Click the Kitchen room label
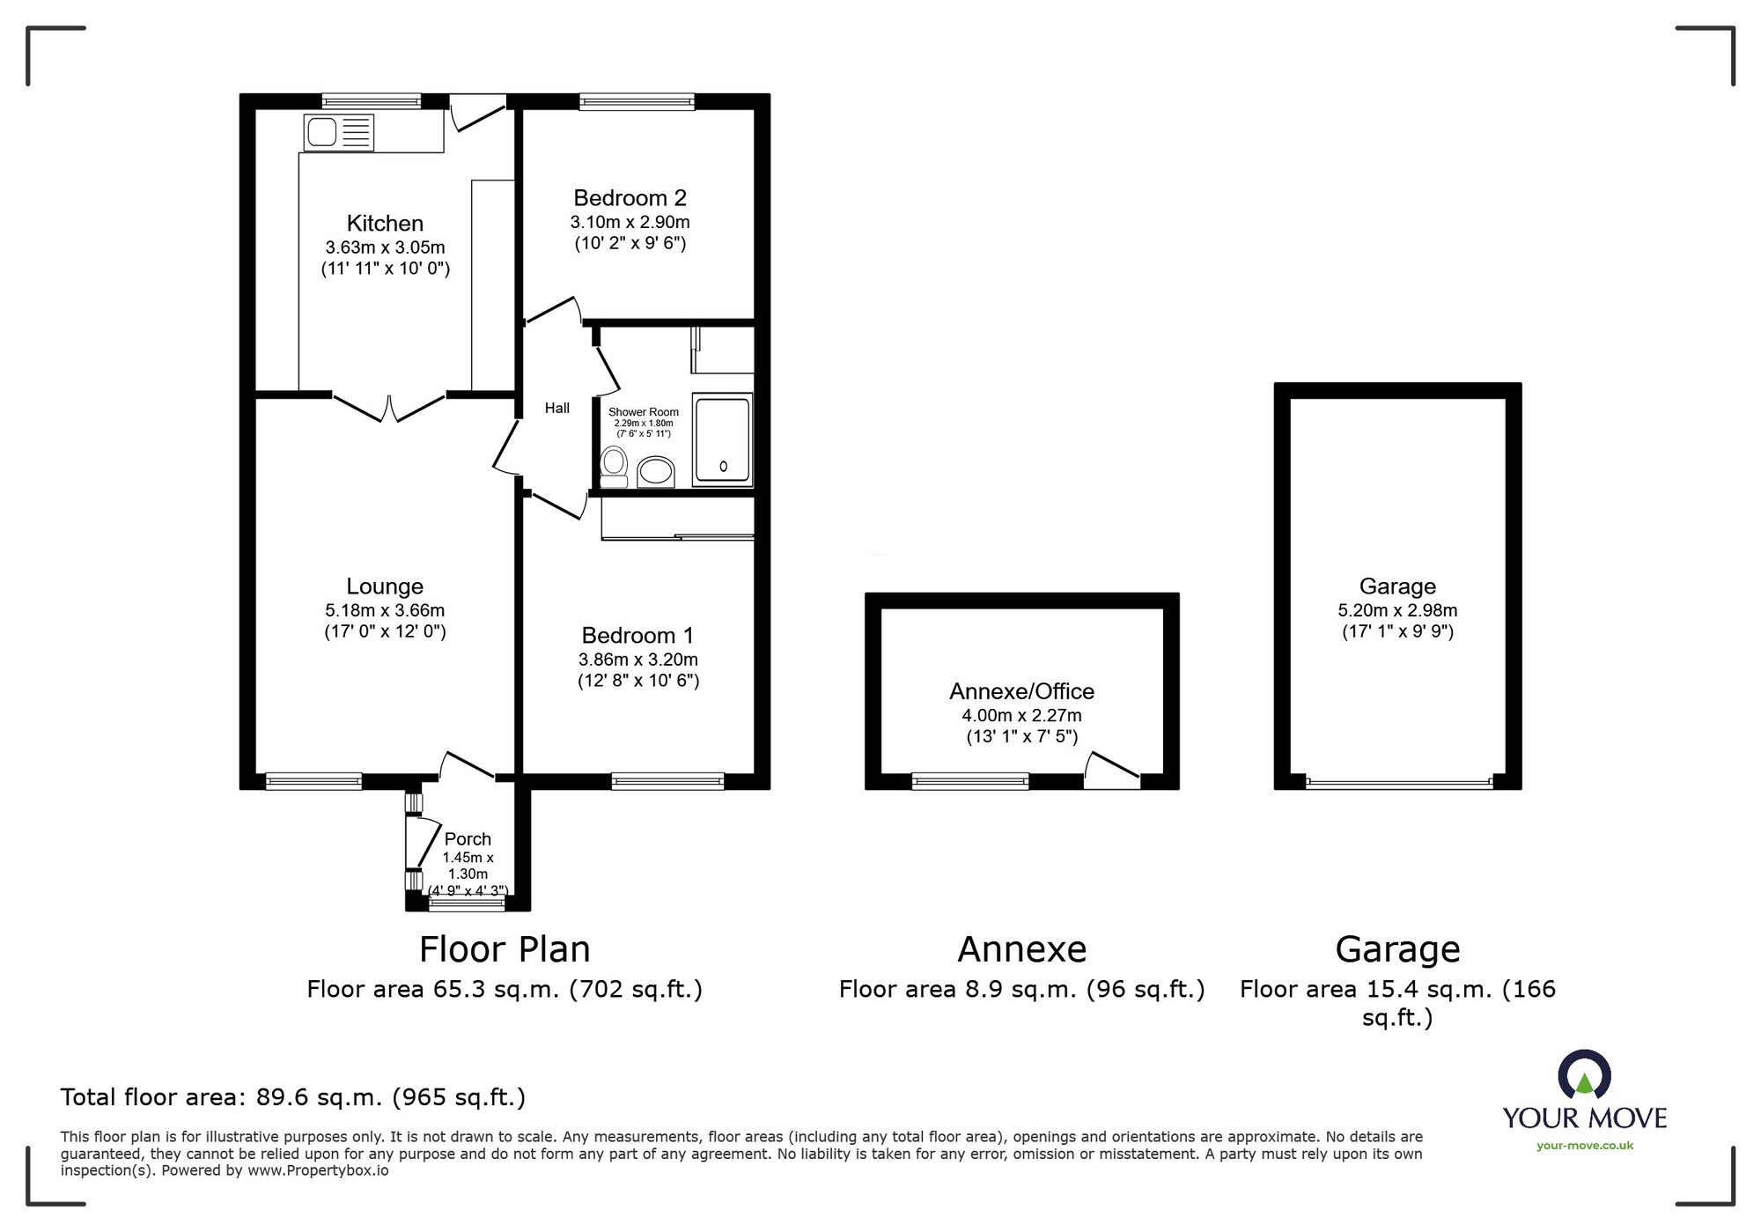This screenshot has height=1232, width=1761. click(x=385, y=224)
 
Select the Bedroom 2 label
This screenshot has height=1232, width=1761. click(x=630, y=198)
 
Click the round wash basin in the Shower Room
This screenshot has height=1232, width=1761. click(x=655, y=472)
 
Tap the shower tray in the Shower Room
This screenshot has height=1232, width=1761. click(x=722, y=439)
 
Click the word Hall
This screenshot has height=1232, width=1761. click(x=556, y=408)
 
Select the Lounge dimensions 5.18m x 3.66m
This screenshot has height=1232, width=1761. click(x=385, y=610)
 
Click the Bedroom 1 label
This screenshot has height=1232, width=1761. click(x=637, y=636)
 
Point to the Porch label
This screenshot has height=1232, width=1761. click(x=468, y=839)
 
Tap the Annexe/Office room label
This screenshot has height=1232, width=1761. click(x=1021, y=691)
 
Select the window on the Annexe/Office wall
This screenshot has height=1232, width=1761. click(x=970, y=781)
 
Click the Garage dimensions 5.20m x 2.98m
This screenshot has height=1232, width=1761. click(x=1397, y=610)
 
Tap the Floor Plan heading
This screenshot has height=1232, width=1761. click(x=505, y=949)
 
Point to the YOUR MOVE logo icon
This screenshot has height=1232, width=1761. click(x=1584, y=1074)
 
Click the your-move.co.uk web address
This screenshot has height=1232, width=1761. click(x=1584, y=1146)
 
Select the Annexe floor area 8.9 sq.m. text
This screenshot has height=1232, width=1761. click(x=1021, y=990)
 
